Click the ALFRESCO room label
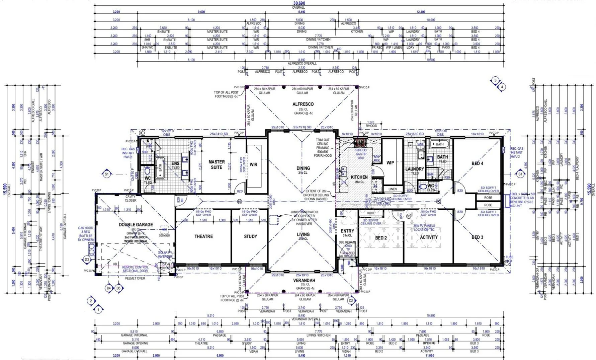pos(303,104)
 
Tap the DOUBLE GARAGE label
pos(136,225)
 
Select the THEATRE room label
pos(203,236)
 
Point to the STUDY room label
pos(250,236)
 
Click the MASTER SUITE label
pos(217,164)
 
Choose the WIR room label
pos(253,164)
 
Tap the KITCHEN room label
pos(359,177)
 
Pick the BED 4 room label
pos(477,163)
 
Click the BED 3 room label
pos(477,237)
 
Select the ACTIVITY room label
pos(429,237)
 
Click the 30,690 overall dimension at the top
pos(299,3)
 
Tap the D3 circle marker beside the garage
pos(87,260)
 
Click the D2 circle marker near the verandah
pos(351,301)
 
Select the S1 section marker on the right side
pos(520,174)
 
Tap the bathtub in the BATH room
pos(439,144)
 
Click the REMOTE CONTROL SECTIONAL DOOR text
pos(135,269)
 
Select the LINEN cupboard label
pos(393,189)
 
